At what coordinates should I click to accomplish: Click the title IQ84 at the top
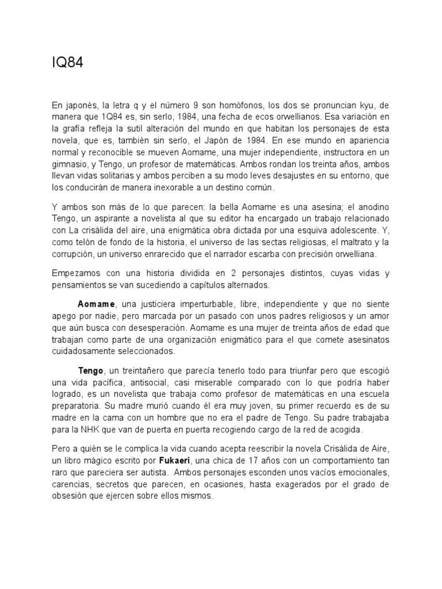(x=67, y=63)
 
